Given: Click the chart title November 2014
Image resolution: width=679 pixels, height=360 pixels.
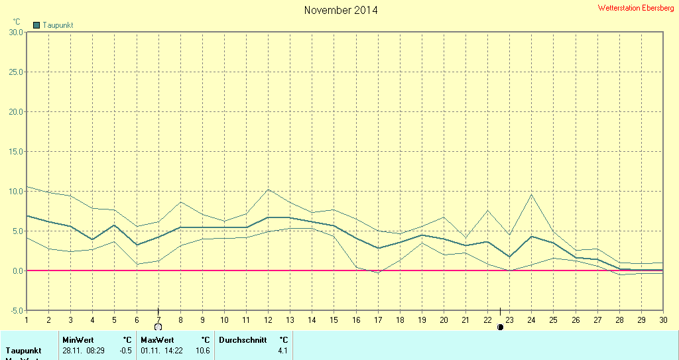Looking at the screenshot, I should tap(341, 10).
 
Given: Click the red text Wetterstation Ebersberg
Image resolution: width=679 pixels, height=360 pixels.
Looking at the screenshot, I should tap(635, 8).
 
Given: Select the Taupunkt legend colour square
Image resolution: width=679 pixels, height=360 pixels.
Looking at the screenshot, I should tap(37, 25).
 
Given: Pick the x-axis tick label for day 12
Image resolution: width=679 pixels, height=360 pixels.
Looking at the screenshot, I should tap(269, 320).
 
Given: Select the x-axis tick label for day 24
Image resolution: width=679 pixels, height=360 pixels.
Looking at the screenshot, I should tap(531, 320).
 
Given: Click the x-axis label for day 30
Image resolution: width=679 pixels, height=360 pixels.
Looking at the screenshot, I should tap(662, 320).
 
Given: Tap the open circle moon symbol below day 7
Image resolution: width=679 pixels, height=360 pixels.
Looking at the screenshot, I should tap(158, 327).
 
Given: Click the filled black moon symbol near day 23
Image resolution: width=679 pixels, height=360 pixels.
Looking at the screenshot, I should tap(500, 327).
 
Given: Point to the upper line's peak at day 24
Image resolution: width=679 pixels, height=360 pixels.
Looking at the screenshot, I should tap(531, 194).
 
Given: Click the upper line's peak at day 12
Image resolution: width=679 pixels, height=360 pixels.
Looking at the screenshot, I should tap(269, 190).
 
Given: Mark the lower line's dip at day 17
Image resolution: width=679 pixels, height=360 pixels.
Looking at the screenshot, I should tap(378, 272).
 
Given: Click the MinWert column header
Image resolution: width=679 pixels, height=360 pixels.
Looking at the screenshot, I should tap(78, 339).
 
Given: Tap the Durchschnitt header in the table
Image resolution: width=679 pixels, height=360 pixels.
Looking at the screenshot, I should tap(243, 339).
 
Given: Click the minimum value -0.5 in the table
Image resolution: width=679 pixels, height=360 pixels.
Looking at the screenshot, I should tap(125, 350).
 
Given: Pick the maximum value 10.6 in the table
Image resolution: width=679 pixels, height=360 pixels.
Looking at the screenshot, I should tap(203, 350).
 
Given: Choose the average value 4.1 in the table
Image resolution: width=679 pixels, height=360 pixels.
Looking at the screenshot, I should tap(283, 350).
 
